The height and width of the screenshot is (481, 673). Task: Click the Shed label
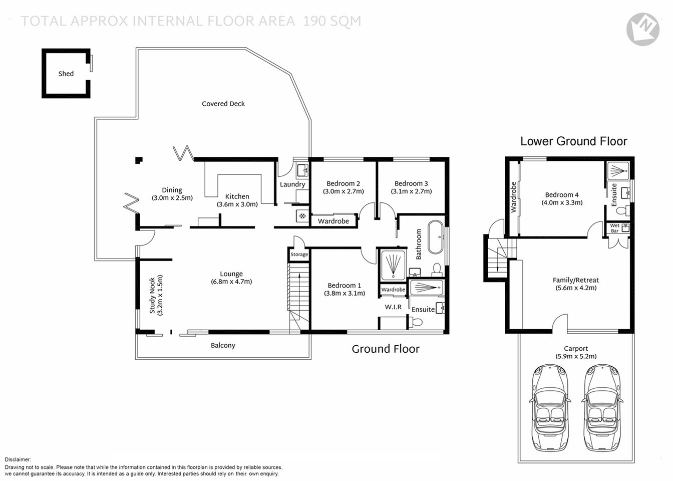coord(66,74)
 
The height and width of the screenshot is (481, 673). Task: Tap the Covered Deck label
coord(223,104)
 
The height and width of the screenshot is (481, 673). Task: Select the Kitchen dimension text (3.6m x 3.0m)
coord(237,204)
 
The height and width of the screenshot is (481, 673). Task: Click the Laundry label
coord(292,184)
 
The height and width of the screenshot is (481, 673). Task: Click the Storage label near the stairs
coord(299,255)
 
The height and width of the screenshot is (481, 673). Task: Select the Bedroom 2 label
coord(343,183)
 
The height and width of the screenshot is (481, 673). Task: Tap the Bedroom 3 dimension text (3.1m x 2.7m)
coord(411,191)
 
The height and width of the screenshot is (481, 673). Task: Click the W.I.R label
coord(393,307)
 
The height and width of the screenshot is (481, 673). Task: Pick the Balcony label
coord(223,345)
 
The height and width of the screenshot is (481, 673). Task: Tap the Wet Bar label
coord(614,228)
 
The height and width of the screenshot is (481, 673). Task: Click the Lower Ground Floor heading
coord(573,141)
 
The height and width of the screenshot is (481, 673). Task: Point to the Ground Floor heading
coord(385,349)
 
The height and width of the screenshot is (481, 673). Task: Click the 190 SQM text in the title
coord(331,21)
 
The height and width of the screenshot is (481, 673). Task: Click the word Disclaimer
coord(18,459)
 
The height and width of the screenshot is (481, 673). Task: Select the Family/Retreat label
coord(575,280)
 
